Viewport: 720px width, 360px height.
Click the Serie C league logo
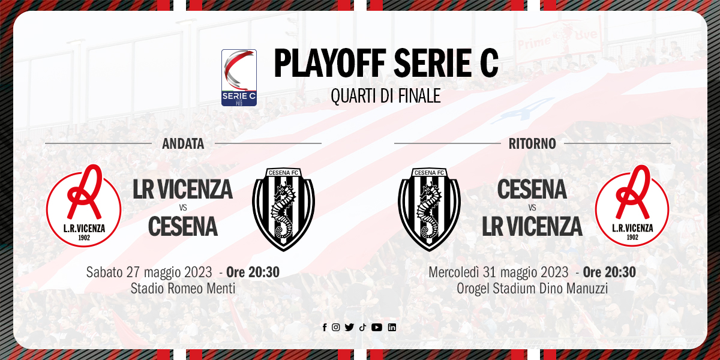239,77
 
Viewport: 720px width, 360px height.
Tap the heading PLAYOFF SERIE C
386,63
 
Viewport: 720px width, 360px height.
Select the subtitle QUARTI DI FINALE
386,96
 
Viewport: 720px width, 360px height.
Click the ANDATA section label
183,143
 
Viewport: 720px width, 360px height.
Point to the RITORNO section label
532,143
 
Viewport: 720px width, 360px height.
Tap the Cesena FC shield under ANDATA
283,209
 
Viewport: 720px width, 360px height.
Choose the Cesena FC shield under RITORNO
430,209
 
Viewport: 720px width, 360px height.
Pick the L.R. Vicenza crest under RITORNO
632,206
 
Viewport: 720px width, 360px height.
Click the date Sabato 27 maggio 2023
149,272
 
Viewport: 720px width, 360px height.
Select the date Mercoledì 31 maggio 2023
499,272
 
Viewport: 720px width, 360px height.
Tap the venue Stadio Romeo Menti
183,289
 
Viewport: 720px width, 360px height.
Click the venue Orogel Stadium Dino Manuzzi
532,289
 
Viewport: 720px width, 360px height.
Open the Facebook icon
325,327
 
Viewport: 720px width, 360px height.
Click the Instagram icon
335,327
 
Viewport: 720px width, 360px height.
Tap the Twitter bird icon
349,327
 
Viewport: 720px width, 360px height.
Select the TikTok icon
362,327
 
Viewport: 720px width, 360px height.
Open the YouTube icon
377,327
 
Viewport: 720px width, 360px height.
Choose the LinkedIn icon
392,327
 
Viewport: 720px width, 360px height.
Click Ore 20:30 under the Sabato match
253,272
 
